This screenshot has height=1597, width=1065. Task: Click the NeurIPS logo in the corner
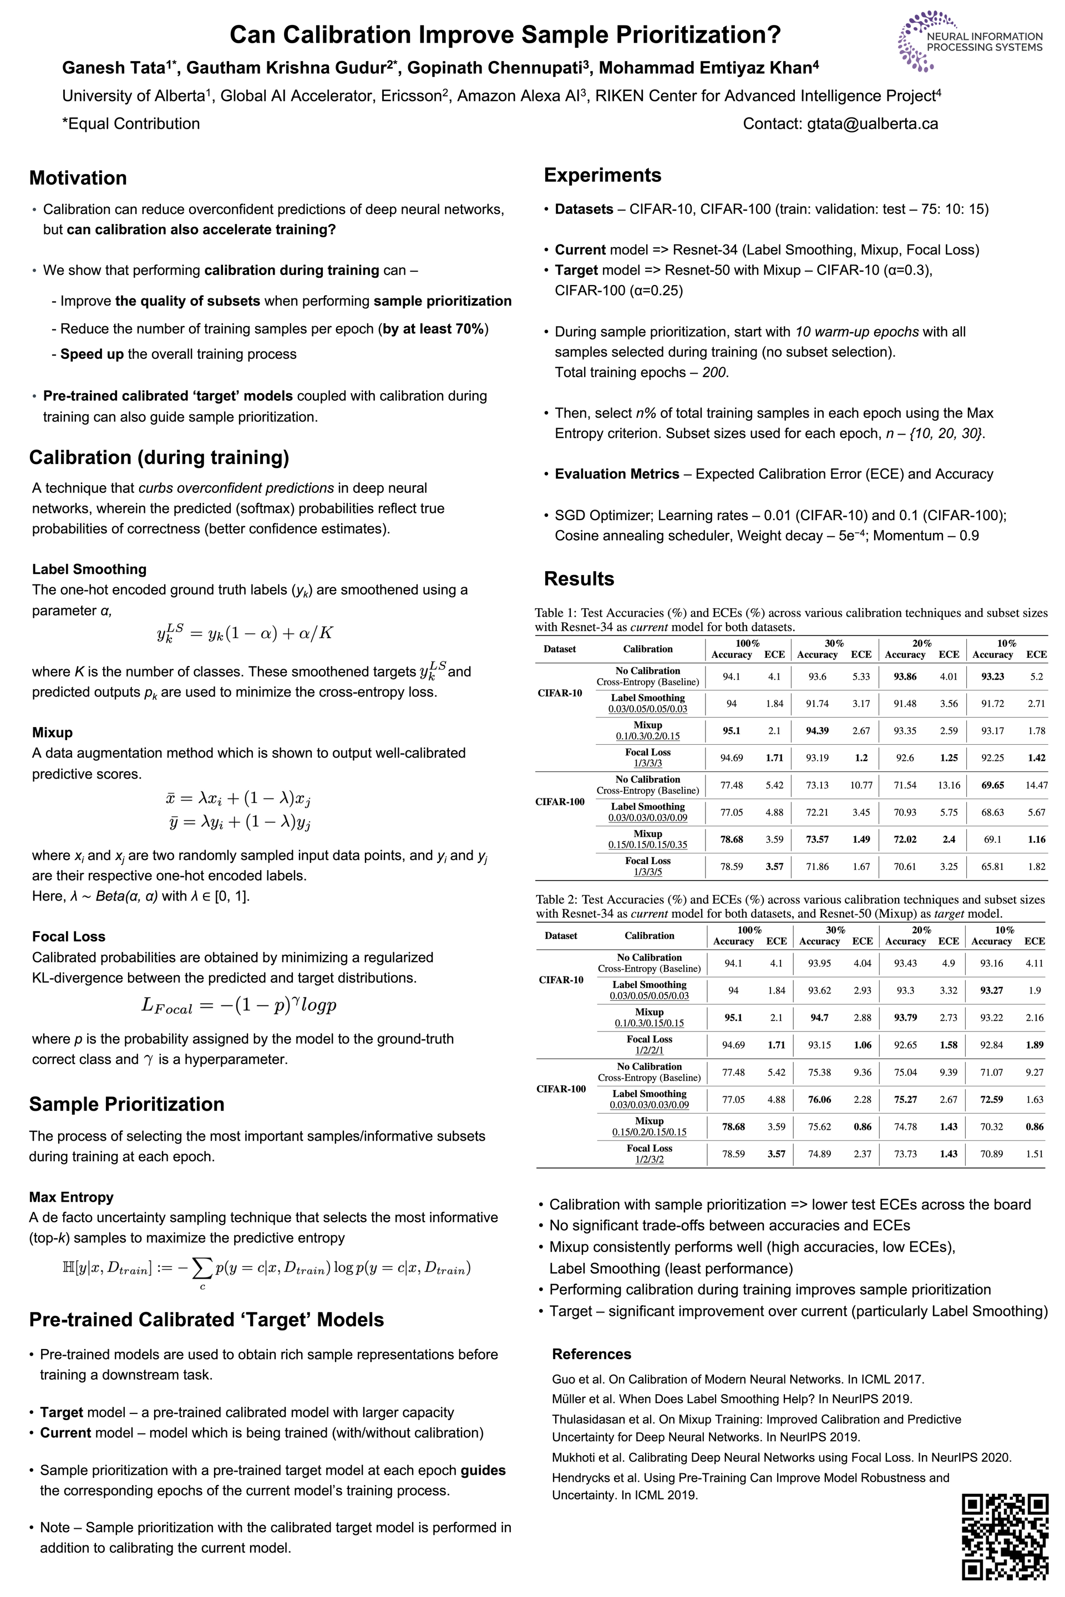(970, 40)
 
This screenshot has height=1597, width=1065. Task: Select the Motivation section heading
(78, 178)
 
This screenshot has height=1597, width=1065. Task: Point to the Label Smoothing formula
(245, 633)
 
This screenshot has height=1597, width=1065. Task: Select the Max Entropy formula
(266, 1268)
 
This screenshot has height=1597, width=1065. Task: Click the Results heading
(579, 578)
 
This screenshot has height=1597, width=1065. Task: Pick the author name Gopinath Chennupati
(499, 68)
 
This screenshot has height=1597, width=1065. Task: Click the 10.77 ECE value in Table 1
(861, 785)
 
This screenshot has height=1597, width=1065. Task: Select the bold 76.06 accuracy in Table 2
(819, 1099)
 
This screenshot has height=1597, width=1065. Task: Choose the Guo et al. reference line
(738, 1379)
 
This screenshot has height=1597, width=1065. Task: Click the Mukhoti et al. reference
(781, 1457)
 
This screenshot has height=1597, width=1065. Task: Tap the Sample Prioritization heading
(126, 1104)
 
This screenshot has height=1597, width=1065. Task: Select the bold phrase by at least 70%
(433, 329)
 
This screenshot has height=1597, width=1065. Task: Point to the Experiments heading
(602, 175)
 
